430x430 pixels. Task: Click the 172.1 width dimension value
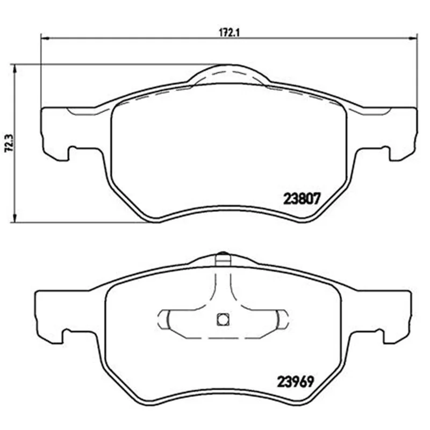tap(230, 33)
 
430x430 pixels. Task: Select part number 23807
tap(302, 198)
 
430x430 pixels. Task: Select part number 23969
tap(295, 381)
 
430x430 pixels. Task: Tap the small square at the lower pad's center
tap(223, 319)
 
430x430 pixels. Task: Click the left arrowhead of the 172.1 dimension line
tap(45, 38)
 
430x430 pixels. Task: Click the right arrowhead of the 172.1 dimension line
tap(413, 38)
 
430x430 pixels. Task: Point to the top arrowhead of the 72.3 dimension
tap(15, 69)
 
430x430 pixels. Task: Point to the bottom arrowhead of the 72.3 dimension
tap(15, 218)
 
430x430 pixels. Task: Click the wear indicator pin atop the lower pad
tap(223, 259)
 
